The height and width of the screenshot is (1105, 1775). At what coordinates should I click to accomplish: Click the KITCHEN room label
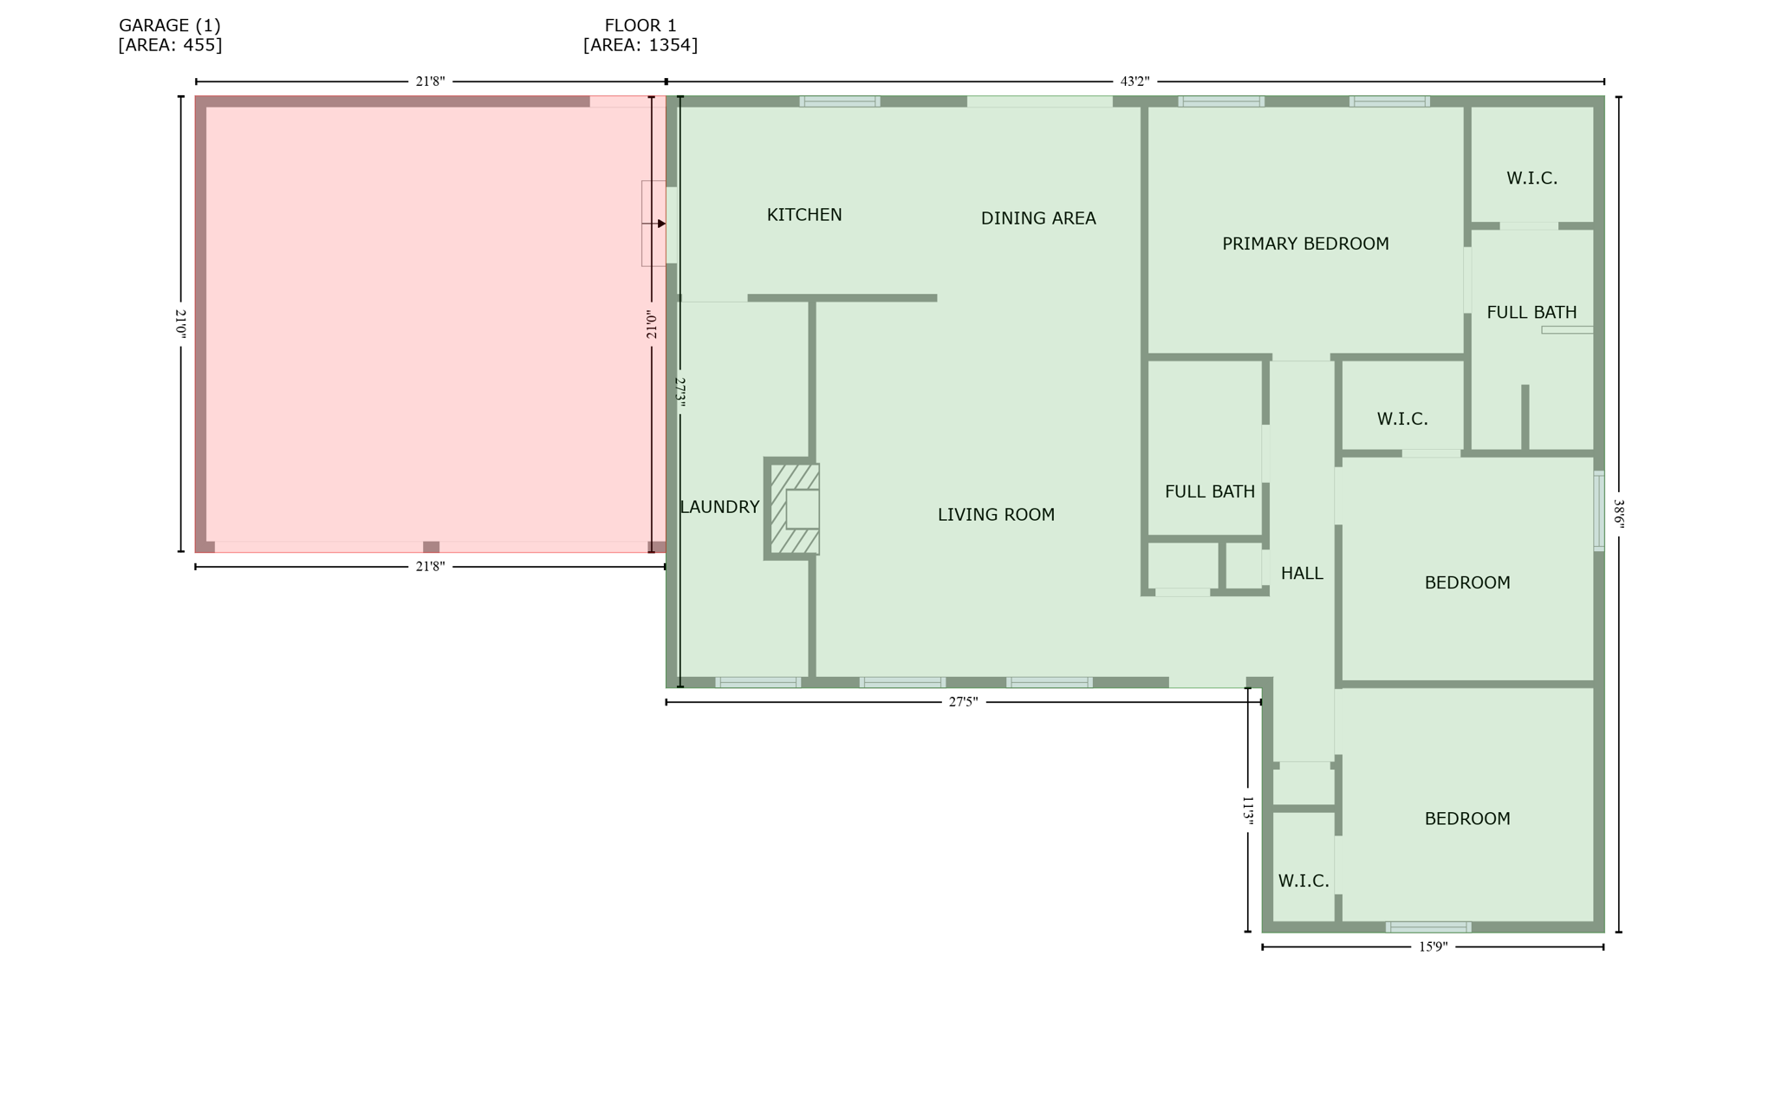pos(803,215)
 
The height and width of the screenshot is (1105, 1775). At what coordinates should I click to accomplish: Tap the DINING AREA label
pos(1037,218)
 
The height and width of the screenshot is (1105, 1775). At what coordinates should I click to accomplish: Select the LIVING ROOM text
pos(996,515)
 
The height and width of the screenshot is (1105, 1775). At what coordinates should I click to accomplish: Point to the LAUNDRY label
pos(719,507)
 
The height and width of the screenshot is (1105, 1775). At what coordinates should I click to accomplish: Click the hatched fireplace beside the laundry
pos(793,509)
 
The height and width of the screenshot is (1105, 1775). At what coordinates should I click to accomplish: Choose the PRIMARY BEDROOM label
pos(1304,244)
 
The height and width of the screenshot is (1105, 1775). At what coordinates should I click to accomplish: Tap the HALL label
pos(1301,573)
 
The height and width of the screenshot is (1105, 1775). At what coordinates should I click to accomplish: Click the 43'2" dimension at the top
pos(1134,81)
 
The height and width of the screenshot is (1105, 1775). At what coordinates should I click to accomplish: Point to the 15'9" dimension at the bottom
pos(1432,947)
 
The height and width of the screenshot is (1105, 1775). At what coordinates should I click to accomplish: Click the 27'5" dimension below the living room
pos(962,702)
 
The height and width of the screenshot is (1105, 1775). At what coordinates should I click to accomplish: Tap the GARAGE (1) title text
pos(170,26)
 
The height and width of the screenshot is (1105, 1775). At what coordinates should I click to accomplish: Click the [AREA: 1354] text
pos(640,45)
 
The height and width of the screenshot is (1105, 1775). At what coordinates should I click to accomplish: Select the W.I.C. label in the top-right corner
pos(1531,179)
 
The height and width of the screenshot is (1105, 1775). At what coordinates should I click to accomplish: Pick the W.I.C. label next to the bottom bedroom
pos(1303,881)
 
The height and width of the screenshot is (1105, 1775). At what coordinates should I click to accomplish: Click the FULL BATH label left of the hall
pos(1209,492)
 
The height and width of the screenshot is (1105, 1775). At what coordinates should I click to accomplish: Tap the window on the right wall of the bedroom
pos(1598,510)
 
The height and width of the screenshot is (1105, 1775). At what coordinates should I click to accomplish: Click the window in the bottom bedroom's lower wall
pos(1427,926)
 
